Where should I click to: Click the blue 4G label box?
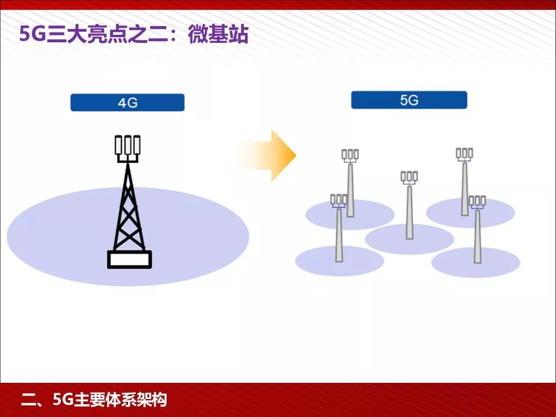127,103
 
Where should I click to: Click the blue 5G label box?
409,100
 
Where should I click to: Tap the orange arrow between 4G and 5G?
272,155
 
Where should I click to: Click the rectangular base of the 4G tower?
129,259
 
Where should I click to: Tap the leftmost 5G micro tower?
339,232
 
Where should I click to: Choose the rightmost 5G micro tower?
477,235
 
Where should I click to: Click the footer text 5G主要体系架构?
109,400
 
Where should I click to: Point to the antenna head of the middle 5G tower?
409,177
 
